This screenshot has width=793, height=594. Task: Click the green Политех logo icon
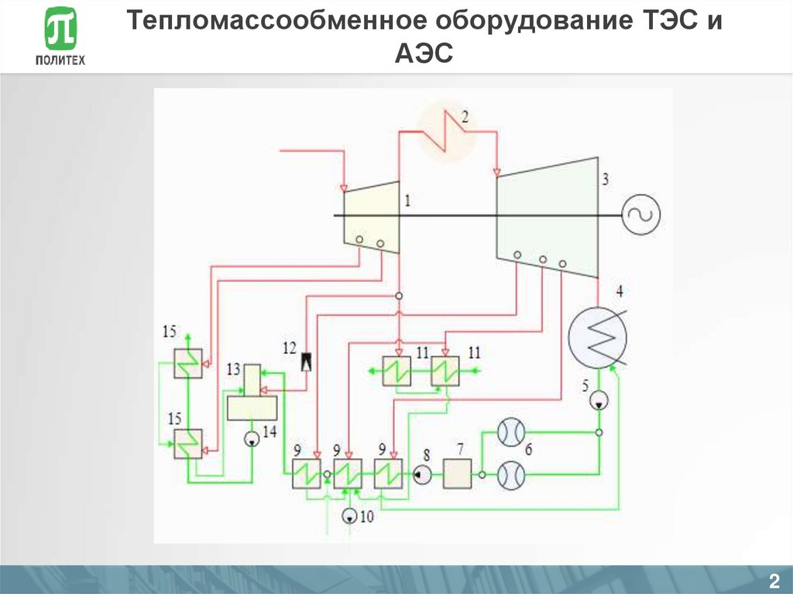(60, 31)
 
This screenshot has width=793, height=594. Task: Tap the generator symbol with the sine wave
(642, 215)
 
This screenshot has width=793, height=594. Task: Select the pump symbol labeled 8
(421, 474)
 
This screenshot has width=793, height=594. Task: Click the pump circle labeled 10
(349, 514)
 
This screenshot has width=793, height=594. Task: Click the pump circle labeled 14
(252, 439)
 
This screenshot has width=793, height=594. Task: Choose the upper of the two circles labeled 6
(510, 432)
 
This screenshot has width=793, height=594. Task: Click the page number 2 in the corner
(773, 582)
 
